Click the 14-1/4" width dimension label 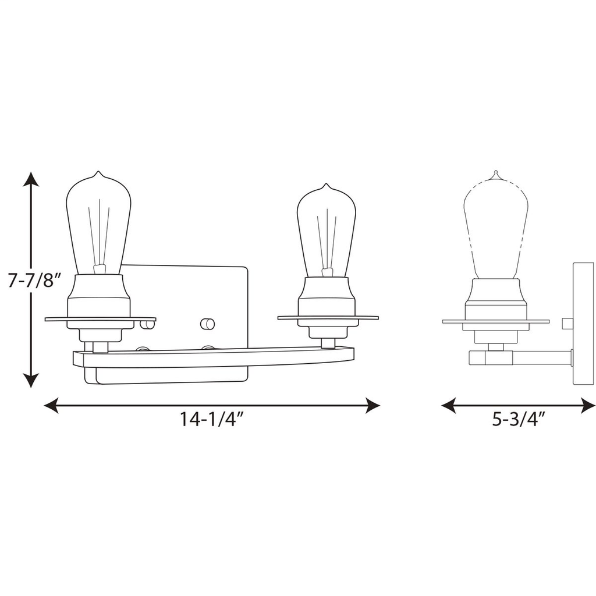click(211, 420)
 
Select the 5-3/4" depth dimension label click(518, 420)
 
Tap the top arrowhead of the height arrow click(31, 178)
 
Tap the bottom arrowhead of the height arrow click(31, 381)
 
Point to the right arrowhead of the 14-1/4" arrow click(373, 405)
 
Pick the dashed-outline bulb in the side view click(496, 227)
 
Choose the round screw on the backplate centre click(207, 324)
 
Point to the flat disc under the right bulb click(328, 318)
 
